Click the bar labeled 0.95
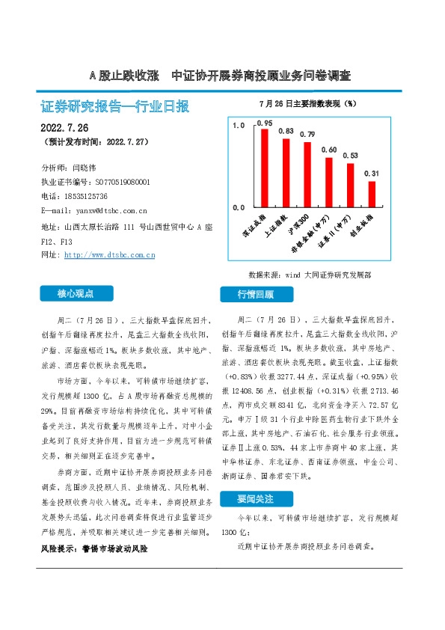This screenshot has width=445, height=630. pos(264,167)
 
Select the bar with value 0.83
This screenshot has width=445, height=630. pos(286,172)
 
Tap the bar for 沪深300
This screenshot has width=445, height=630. pos(307,174)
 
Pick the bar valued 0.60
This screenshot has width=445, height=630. pos(329,181)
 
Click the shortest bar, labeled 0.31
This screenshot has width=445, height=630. pos(372,194)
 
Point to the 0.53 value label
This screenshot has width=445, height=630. pos(350,156)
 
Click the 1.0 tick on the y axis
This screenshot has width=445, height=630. pos(238,126)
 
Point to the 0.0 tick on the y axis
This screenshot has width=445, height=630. pos(238,207)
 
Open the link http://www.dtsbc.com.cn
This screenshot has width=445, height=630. pos(110,255)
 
